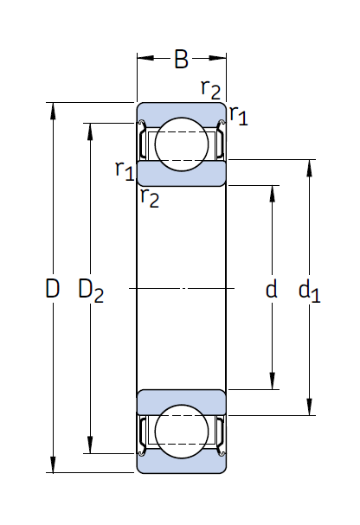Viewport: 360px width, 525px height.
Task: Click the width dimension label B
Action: click(x=181, y=60)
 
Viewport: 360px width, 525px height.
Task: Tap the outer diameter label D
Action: click(x=52, y=288)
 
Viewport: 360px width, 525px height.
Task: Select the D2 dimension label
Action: click(x=91, y=291)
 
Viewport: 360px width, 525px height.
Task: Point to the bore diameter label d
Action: click(x=271, y=288)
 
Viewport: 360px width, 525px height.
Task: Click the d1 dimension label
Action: click(x=309, y=291)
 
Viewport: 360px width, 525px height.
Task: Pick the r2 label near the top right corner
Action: click(x=210, y=89)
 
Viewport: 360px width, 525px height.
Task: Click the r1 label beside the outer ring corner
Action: click(x=239, y=116)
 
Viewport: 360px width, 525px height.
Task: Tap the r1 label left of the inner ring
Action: click(x=125, y=170)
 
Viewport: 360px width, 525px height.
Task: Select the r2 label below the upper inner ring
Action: click(x=150, y=197)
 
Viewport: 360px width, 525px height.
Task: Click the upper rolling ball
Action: click(x=182, y=144)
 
